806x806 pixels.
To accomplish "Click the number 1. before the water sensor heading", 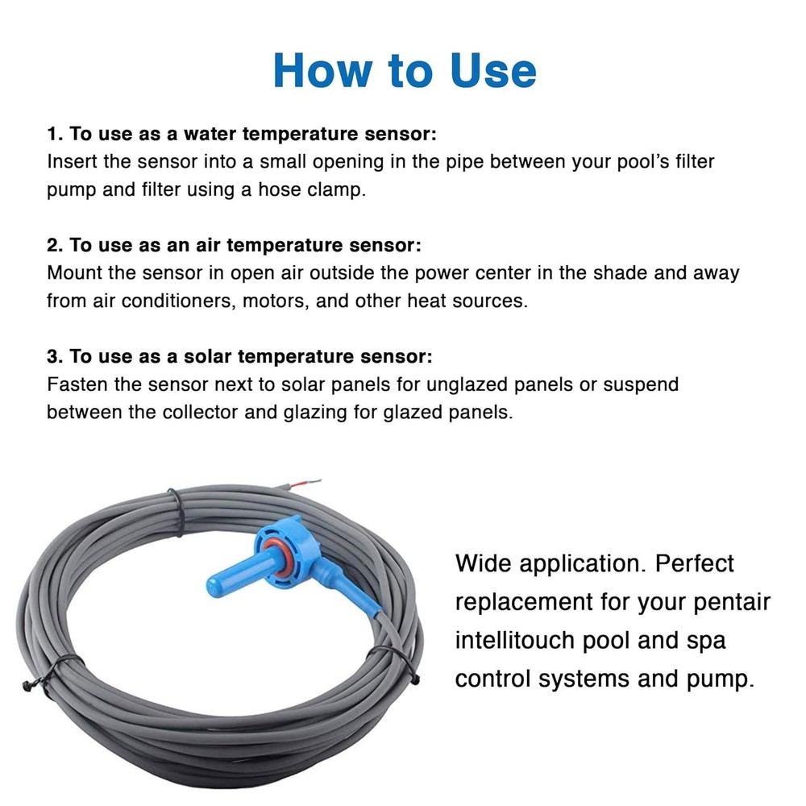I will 55,133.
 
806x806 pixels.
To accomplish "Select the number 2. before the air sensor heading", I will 55,244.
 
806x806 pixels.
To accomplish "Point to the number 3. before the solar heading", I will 55,356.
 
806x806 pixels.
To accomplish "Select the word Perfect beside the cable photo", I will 695,563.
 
